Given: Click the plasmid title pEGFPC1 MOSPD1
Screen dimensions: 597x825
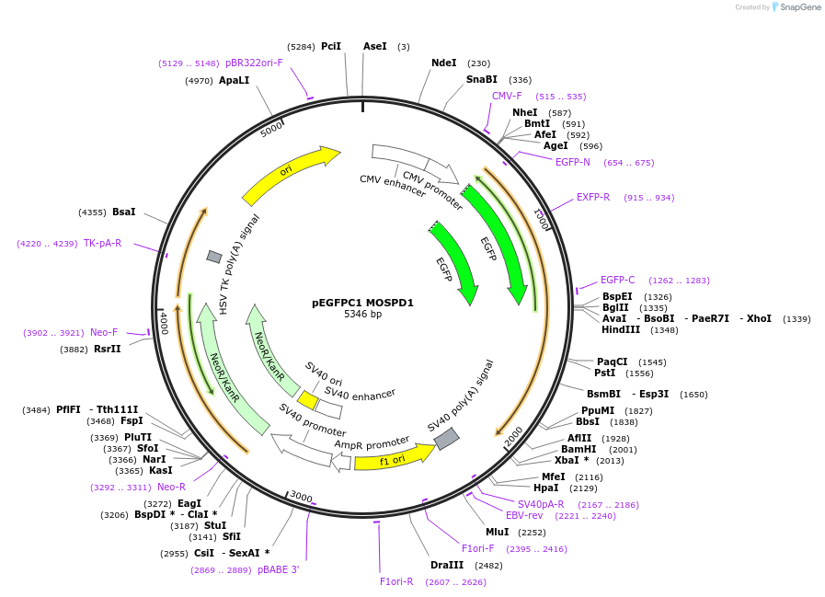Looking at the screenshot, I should coord(362,302).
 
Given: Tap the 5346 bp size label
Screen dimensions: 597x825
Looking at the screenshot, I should coord(362,315).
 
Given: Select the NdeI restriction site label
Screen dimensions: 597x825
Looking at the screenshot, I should coord(443,63).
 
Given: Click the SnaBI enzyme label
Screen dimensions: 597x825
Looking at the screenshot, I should coord(481,80).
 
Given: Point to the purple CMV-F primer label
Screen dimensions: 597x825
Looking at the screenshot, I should coord(507,96).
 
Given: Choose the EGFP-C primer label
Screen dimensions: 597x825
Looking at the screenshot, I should coord(617,280).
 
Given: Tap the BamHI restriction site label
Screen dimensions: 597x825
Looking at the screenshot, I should coord(579,449).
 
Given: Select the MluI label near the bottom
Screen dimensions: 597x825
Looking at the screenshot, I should coord(497,532).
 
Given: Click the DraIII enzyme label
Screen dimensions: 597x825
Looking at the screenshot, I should coord(447,565).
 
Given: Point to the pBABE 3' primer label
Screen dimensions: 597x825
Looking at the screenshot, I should coord(278,570).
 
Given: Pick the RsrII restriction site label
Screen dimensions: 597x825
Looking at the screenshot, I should coord(107,349).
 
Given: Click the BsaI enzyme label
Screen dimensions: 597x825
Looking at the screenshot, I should coord(123,212).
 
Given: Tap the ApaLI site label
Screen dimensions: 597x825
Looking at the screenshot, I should coord(234,80).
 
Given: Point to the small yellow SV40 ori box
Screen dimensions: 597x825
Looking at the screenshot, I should coord(308,400).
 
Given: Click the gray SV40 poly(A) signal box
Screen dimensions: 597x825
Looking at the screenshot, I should coord(446,439).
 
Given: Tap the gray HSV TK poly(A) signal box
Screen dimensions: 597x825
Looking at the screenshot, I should coord(214,257).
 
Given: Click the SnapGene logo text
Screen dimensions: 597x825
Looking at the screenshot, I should coord(797,7).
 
